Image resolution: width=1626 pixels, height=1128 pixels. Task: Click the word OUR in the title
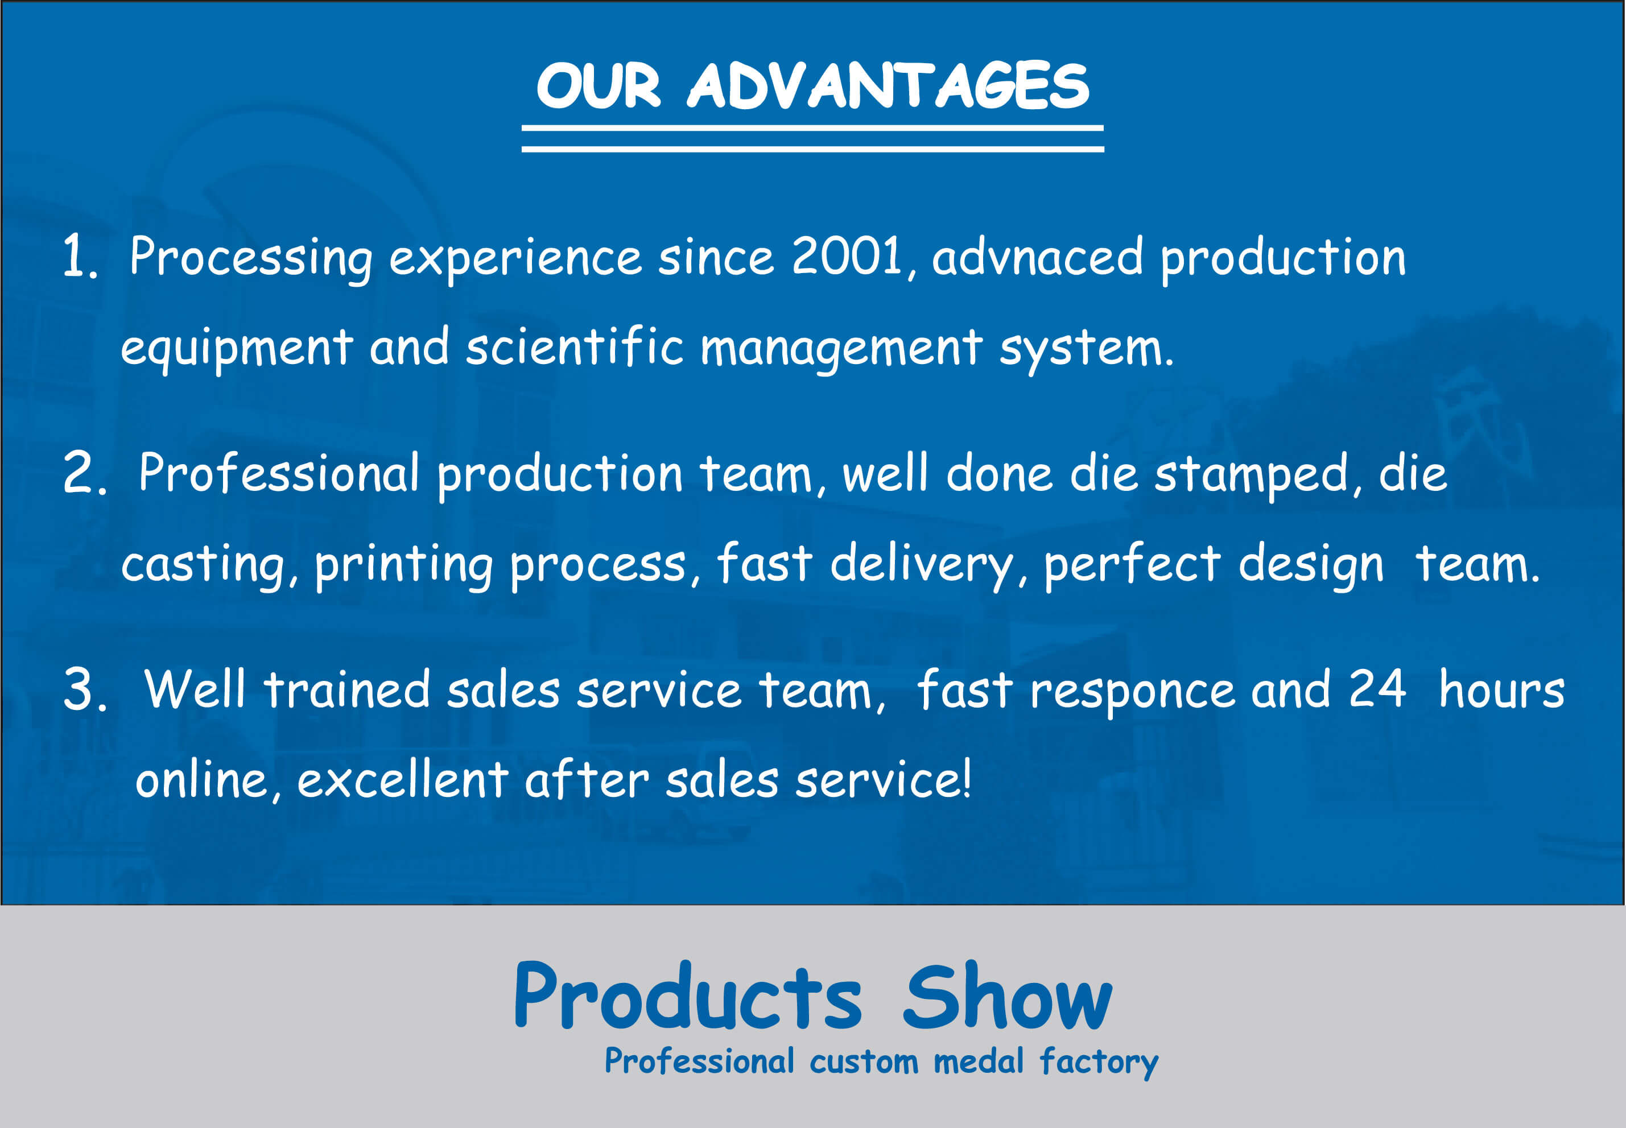(x=598, y=85)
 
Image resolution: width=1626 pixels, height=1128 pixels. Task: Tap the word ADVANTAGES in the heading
(x=888, y=85)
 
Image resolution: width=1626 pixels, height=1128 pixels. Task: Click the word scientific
(x=575, y=346)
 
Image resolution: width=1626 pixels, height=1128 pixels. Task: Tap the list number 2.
(x=85, y=472)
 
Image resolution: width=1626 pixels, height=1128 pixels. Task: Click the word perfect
(x=1132, y=565)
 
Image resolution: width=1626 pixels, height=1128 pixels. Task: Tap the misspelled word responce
(x=1133, y=693)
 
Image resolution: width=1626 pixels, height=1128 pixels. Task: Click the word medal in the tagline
(x=979, y=1061)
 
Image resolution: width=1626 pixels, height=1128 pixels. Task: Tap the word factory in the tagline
(x=1099, y=1063)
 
